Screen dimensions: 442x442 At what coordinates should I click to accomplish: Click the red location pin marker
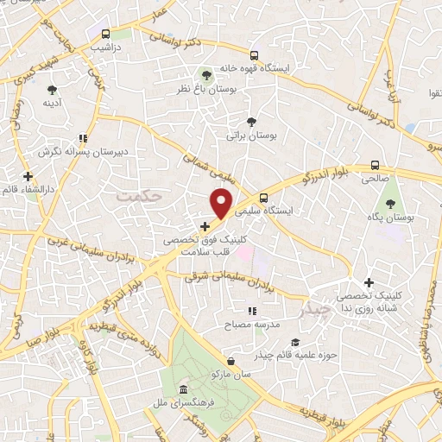click(x=223, y=204)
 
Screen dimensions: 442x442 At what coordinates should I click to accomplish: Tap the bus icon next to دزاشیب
click(x=105, y=35)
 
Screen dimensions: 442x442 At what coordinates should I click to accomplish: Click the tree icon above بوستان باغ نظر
click(x=205, y=74)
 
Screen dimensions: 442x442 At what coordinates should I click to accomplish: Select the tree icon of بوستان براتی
click(x=251, y=122)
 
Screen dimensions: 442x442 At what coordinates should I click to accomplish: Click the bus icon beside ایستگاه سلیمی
click(x=263, y=196)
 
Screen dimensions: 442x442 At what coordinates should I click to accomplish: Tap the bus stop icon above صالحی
click(x=375, y=164)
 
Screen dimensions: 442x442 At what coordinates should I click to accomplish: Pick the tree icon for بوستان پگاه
click(x=389, y=205)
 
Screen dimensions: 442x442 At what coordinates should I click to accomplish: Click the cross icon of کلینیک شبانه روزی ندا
click(x=369, y=282)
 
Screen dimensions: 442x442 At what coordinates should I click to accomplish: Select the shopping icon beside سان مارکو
click(x=230, y=361)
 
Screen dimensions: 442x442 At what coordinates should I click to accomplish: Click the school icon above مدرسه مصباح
click(x=252, y=311)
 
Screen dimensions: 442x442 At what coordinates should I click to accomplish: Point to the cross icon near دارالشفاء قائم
click(x=28, y=176)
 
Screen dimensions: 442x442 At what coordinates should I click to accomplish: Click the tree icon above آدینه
click(x=53, y=89)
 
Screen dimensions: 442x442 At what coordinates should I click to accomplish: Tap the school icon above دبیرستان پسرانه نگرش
click(x=83, y=137)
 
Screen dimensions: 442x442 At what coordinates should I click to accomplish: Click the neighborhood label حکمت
click(x=138, y=197)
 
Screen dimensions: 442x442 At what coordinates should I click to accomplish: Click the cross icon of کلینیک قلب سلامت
click(x=204, y=226)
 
